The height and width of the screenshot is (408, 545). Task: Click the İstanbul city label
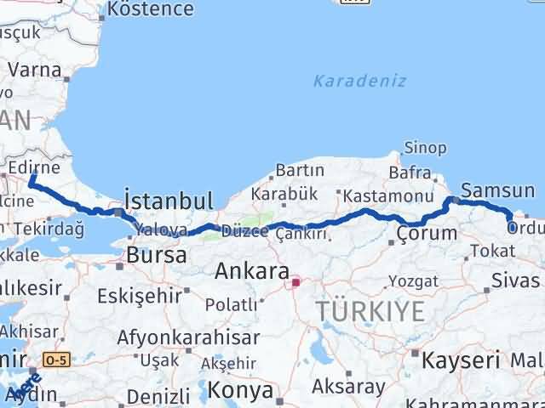(169, 201)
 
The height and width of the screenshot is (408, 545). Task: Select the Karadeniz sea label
(359, 82)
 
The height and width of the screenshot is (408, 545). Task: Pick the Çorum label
(423, 233)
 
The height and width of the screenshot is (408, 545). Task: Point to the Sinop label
(424, 148)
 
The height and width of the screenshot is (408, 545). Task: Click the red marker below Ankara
(295, 282)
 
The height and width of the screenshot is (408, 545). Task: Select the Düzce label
(244, 231)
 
